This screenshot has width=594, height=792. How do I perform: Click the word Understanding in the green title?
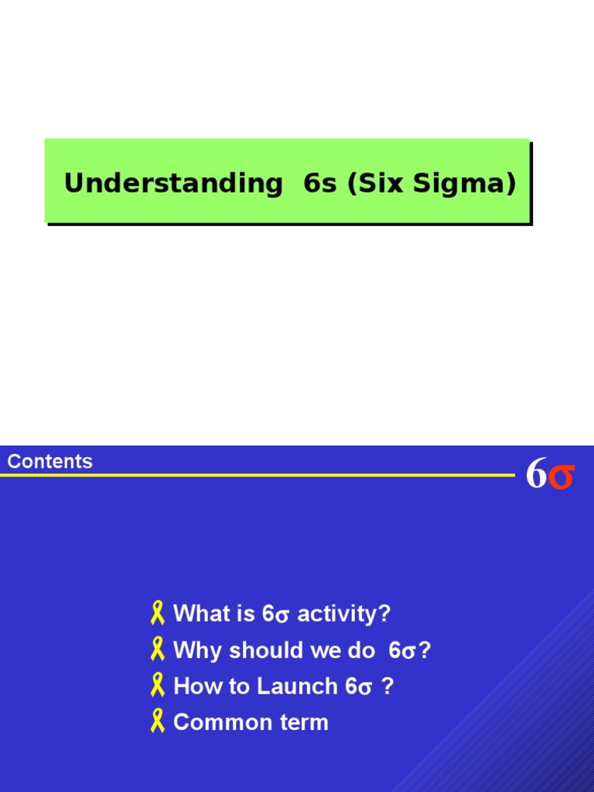173,184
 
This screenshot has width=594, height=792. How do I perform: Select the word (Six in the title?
374,184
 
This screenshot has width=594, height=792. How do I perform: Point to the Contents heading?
50,462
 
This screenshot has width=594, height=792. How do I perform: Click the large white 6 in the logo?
536,474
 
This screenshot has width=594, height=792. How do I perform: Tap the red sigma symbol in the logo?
562,476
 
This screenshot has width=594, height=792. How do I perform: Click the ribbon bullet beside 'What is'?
158,614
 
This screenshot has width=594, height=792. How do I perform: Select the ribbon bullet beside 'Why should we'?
158,650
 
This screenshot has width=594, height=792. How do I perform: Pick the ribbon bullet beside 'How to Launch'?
158,686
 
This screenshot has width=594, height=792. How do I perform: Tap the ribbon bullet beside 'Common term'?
158,722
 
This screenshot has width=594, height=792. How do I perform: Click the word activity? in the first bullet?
344,614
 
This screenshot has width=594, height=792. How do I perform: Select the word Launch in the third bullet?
298,686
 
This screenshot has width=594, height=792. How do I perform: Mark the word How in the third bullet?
192,686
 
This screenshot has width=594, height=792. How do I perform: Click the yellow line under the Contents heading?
255,475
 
